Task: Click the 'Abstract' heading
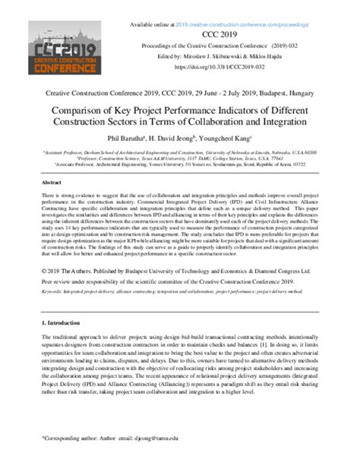(x=51, y=183)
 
